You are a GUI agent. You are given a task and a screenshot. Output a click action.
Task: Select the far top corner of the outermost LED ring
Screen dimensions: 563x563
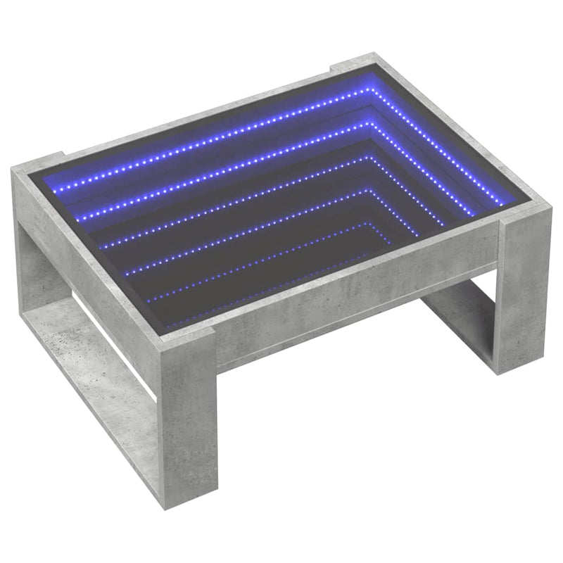[369, 90]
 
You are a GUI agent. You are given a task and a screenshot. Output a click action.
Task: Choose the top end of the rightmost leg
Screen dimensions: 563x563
[524, 222]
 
